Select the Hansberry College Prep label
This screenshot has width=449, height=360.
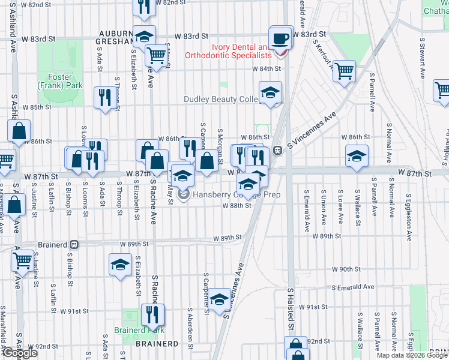click(220, 195)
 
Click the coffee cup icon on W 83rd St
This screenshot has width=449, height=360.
click(280, 39)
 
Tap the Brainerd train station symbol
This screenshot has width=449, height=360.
click(73, 245)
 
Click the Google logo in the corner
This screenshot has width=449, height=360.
click(20, 353)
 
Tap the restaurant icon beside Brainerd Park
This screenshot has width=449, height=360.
click(152, 314)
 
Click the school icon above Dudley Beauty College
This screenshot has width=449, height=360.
click(270, 92)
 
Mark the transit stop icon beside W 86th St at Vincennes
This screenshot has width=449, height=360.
click(278, 151)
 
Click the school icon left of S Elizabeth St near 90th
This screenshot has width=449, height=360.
click(120, 264)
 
